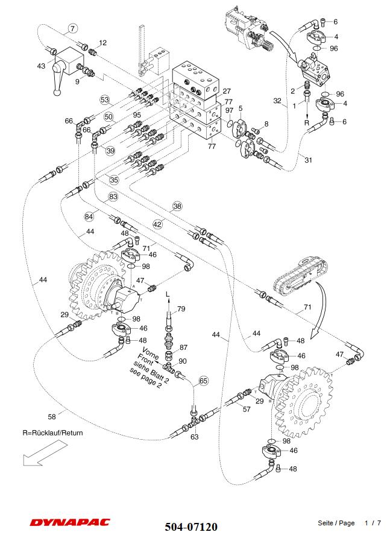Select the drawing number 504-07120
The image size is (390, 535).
[191, 527]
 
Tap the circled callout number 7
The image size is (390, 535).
[72, 28]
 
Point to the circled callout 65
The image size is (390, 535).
[204, 381]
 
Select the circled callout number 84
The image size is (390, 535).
[90, 216]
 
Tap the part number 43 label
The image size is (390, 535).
[41, 66]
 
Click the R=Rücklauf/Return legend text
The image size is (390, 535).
[53, 432]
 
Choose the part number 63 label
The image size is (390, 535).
[195, 437]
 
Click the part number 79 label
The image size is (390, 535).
[181, 309]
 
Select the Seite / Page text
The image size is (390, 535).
[336, 523]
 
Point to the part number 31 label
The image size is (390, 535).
[309, 160]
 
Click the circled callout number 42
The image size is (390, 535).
[157, 224]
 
